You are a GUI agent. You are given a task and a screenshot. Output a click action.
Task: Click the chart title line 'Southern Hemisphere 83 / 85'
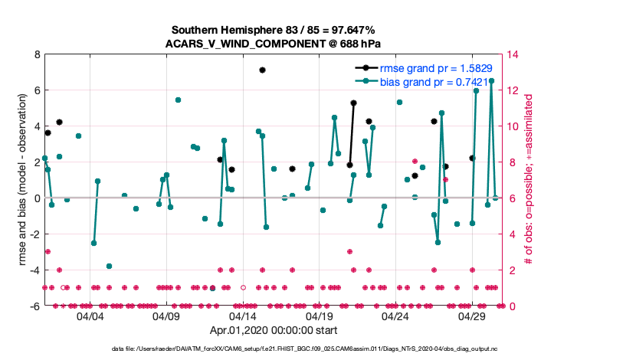point(273,30)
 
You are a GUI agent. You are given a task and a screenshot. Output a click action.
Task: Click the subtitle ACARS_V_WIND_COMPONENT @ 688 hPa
point(273,43)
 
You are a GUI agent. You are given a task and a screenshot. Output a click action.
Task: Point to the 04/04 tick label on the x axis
point(90,316)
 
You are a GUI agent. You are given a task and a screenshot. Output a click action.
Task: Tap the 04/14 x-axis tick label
point(243,316)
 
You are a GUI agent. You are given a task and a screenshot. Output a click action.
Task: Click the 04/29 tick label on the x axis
point(472,316)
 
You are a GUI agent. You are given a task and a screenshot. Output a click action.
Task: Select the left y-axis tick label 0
point(36,198)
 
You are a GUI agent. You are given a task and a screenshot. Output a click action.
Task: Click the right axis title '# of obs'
point(528,180)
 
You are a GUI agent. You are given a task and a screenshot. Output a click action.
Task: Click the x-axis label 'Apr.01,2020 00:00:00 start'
point(273,331)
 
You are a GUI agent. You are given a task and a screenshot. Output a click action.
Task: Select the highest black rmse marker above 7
point(262,70)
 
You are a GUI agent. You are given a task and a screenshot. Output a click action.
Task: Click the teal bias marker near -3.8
point(109,266)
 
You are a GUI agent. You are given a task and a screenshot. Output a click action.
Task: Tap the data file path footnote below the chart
point(317,349)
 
